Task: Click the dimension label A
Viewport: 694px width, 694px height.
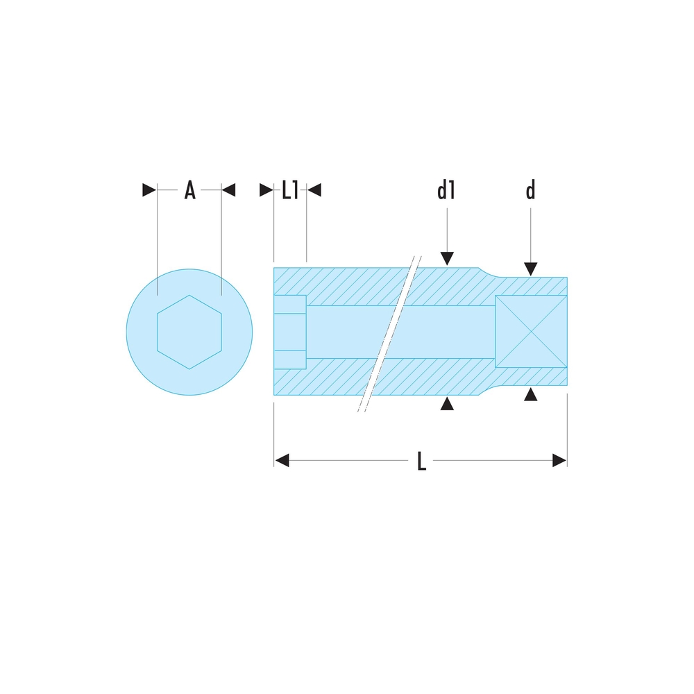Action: pyautogui.click(x=190, y=190)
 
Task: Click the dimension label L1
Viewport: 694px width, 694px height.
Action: pyautogui.click(x=290, y=190)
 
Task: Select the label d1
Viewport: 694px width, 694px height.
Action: pyautogui.click(x=446, y=190)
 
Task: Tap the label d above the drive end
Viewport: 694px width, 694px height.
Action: pyautogui.click(x=531, y=190)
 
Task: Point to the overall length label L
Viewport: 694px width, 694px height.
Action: pyautogui.click(x=422, y=461)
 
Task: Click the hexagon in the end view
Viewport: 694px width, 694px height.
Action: pyautogui.click(x=189, y=332)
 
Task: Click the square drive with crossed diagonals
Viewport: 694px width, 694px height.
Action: pyautogui.click(x=531, y=332)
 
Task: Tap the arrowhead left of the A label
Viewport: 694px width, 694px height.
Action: pyautogui.click(x=149, y=190)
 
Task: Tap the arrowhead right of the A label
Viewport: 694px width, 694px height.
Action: pyautogui.click(x=228, y=190)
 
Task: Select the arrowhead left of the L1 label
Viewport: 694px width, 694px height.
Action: pyautogui.click(x=266, y=190)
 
